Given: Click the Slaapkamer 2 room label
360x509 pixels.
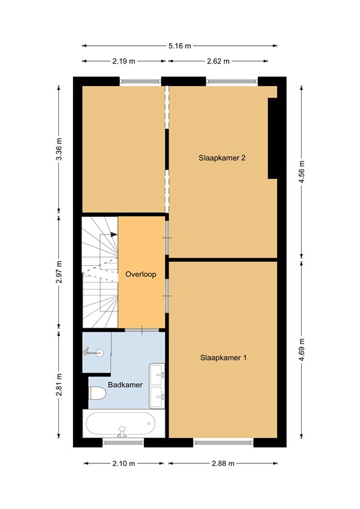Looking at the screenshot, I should (223, 158).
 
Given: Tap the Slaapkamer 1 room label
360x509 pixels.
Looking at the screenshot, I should (223, 358).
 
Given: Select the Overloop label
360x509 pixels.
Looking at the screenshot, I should (141, 274).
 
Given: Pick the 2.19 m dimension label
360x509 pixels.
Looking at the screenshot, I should (123, 62).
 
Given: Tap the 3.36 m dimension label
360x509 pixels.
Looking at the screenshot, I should (59, 148).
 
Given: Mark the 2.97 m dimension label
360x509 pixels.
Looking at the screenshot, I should (59, 272).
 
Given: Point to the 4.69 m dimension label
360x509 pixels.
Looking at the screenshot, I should (302, 349).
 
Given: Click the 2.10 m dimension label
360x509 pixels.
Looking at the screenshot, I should (123, 463).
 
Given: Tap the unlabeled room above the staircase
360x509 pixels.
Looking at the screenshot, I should (123, 148).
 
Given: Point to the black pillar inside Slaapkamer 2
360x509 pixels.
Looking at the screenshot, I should (272, 139).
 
